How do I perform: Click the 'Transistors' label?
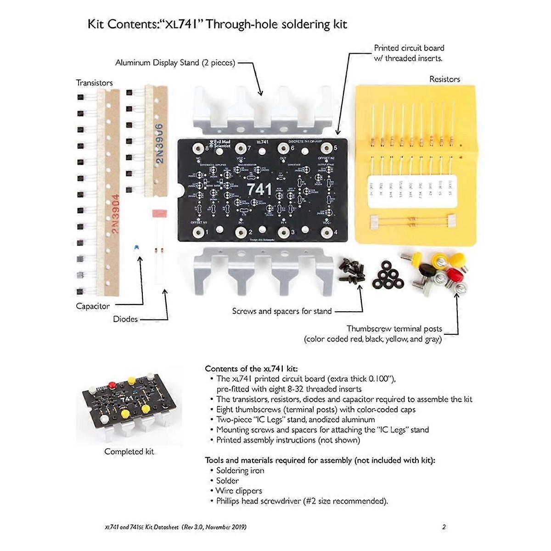click(x=94, y=83)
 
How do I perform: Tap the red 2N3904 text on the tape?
click(x=115, y=214)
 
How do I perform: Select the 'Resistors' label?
click(x=444, y=79)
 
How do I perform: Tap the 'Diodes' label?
click(x=125, y=319)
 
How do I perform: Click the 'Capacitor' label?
click(x=93, y=306)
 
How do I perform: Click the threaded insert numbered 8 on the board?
click(x=198, y=148)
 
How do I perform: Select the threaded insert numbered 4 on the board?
click(x=326, y=232)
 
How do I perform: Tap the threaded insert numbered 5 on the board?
click(x=326, y=148)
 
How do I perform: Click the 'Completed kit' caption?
click(x=129, y=451)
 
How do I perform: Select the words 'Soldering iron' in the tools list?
click(x=240, y=470)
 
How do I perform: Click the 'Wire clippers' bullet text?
click(x=239, y=490)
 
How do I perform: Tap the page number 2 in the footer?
click(x=444, y=527)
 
